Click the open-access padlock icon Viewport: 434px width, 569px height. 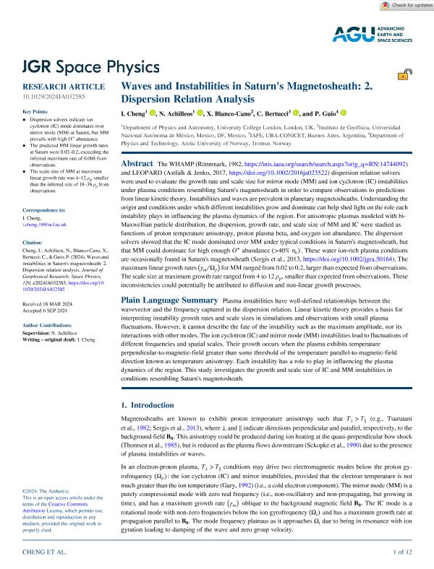point(408,74)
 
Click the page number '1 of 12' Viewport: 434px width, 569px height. point(402,552)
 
